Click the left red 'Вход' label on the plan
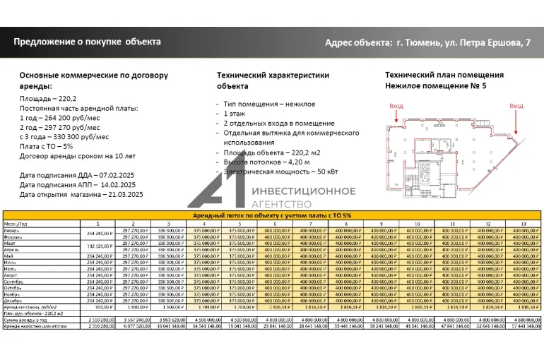click(x=397, y=105)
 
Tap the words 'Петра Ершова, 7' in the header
click(x=494, y=43)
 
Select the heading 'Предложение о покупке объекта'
click(x=87, y=42)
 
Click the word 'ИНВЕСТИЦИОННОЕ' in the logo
click(x=304, y=191)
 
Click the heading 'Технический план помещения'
click(x=444, y=75)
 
